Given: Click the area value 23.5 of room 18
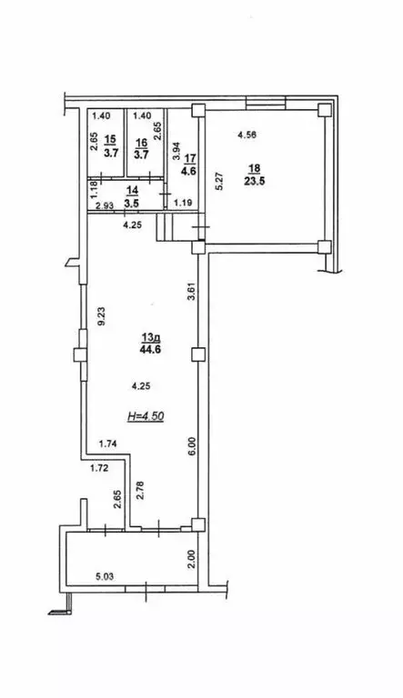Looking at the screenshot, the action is click(x=253, y=181).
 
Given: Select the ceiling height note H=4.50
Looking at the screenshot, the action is click(x=146, y=416).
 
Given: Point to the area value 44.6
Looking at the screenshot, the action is click(x=151, y=349).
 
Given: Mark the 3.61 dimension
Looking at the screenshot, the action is click(x=191, y=293).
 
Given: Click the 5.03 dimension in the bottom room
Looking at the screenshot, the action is click(x=105, y=577).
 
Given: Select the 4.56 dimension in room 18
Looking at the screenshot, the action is click(x=247, y=135).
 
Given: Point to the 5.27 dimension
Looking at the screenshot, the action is click(x=218, y=180).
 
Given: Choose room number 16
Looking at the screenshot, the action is click(x=141, y=143).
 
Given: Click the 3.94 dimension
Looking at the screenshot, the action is click(x=176, y=152).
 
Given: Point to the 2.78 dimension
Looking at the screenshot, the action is click(x=140, y=489).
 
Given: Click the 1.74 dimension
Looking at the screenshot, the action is click(x=107, y=443).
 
